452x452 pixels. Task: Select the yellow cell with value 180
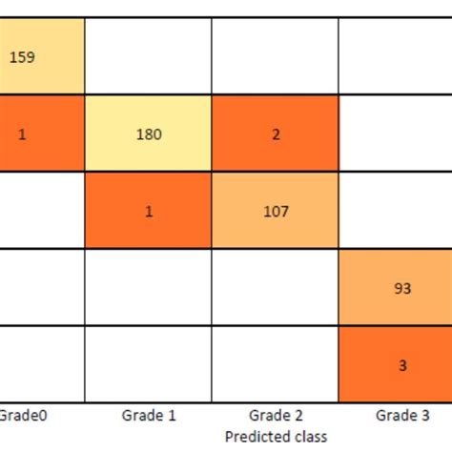(x=148, y=134)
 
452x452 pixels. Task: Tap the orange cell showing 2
(x=275, y=134)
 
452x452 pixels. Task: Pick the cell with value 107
(x=275, y=211)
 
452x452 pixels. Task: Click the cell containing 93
(x=395, y=287)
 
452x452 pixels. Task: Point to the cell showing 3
(x=395, y=363)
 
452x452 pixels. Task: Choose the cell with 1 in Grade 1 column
(x=148, y=211)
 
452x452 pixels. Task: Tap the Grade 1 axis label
(x=147, y=415)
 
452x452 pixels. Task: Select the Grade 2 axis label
(x=274, y=415)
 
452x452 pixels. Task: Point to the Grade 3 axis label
(x=401, y=415)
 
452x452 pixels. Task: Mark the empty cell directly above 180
(x=148, y=56)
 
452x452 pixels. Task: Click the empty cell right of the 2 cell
(x=395, y=134)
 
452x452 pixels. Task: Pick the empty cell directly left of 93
(x=275, y=287)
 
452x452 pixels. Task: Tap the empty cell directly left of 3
(x=275, y=363)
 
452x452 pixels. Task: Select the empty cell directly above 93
(x=395, y=211)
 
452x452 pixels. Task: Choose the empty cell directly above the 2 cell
(x=275, y=56)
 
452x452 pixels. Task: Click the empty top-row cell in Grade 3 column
(x=395, y=56)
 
